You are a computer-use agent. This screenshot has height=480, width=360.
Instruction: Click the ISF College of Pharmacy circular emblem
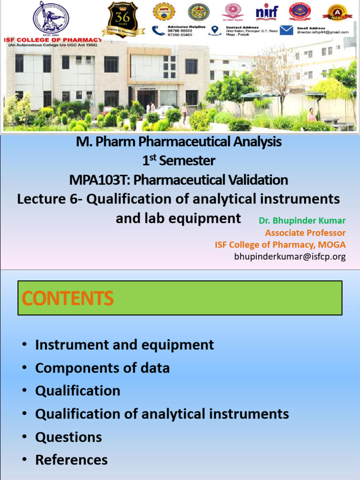51,18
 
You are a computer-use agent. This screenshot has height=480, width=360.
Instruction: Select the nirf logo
267,12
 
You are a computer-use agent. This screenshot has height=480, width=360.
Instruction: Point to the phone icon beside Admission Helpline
158,30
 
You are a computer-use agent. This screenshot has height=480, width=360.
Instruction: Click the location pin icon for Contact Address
215,30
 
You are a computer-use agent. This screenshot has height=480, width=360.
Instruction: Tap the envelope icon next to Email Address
286,30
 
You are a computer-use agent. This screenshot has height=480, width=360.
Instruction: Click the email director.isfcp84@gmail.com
322,32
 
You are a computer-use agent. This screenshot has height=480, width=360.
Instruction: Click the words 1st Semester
179,161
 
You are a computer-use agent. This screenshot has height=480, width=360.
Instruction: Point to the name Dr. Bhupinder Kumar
302,221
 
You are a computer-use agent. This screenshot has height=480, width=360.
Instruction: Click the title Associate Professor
305,233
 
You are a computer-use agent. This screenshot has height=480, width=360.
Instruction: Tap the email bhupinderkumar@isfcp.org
290,256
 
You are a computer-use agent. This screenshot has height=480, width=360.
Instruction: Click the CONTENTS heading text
67,298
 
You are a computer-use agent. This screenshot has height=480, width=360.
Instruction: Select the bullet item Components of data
102,368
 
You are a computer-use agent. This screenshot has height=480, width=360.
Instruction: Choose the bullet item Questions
68,437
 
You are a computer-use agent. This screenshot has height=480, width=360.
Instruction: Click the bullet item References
71,460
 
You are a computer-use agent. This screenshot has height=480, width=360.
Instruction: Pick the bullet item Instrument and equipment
124,345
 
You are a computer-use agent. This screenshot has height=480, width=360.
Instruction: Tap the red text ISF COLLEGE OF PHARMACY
52,40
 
